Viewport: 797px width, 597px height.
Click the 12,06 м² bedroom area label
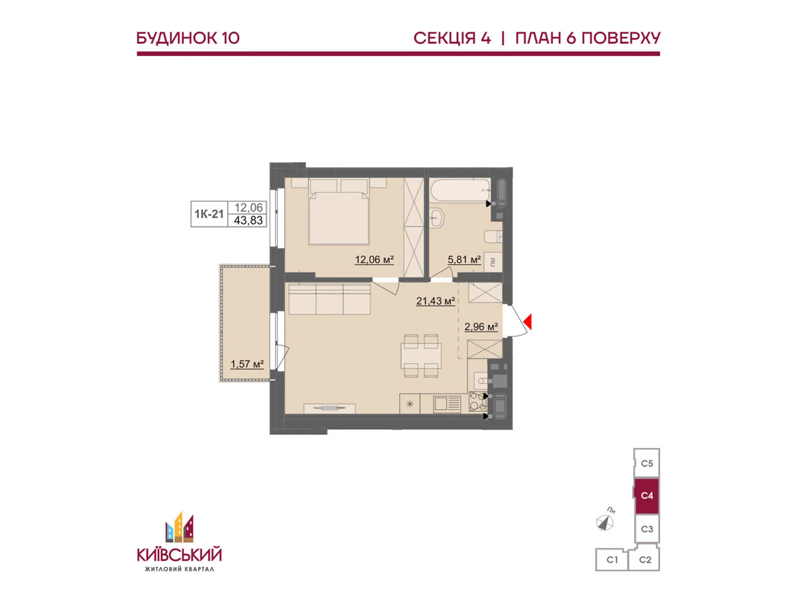point(374,260)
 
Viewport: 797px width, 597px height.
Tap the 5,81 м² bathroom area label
point(464,260)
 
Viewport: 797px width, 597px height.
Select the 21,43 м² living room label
point(435,301)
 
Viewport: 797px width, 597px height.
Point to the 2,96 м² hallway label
point(481,327)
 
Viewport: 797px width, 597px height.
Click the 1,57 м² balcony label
point(247,364)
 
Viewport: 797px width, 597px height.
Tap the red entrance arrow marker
point(528,322)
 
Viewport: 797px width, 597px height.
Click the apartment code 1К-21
point(209,214)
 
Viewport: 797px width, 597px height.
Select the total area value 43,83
point(249,220)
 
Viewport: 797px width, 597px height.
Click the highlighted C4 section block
point(647,496)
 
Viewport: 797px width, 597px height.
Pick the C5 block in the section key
point(647,464)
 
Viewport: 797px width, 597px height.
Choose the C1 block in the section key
point(612,560)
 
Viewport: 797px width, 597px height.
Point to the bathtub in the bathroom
point(460,191)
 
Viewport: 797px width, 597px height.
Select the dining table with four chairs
point(421,356)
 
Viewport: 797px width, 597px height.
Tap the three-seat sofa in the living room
point(329,299)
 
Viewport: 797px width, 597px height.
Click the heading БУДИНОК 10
point(188,38)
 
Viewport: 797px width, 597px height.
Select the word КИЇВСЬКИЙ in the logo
point(179,554)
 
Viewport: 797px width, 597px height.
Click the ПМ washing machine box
point(493,262)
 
